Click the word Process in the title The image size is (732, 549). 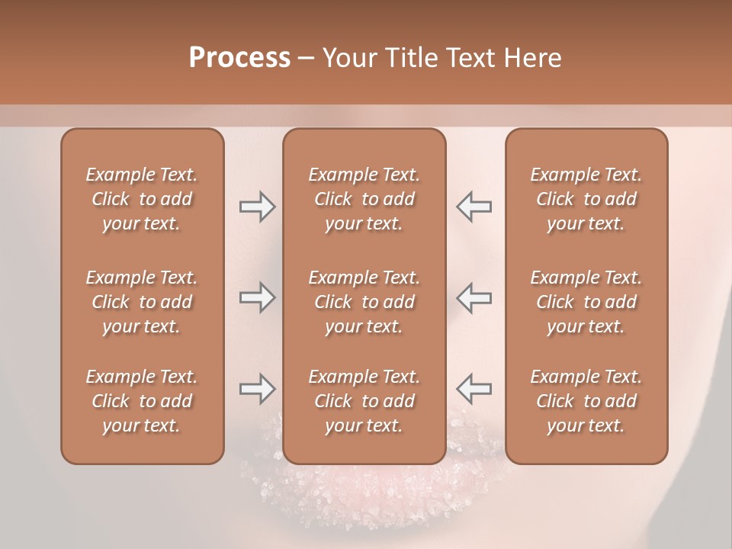(239, 58)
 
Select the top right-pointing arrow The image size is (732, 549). (257, 207)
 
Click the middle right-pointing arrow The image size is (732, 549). (257, 297)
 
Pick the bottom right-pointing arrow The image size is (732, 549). (257, 389)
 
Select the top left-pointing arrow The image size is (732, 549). (474, 207)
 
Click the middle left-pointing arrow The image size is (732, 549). (474, 297)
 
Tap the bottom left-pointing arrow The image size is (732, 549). (474, 389)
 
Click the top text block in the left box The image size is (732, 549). (142, 199)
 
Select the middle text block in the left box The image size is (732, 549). (142, 302)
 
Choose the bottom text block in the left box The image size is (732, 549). (142, 401)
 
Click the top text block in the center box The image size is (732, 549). (364, 199)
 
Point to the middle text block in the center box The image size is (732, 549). (364, 302)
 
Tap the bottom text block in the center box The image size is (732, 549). (364, 401)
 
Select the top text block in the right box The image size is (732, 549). (586, 199)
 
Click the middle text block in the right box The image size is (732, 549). (586, 302)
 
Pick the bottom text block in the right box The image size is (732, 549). (586, 401)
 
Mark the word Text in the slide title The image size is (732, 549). (465, 58)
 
